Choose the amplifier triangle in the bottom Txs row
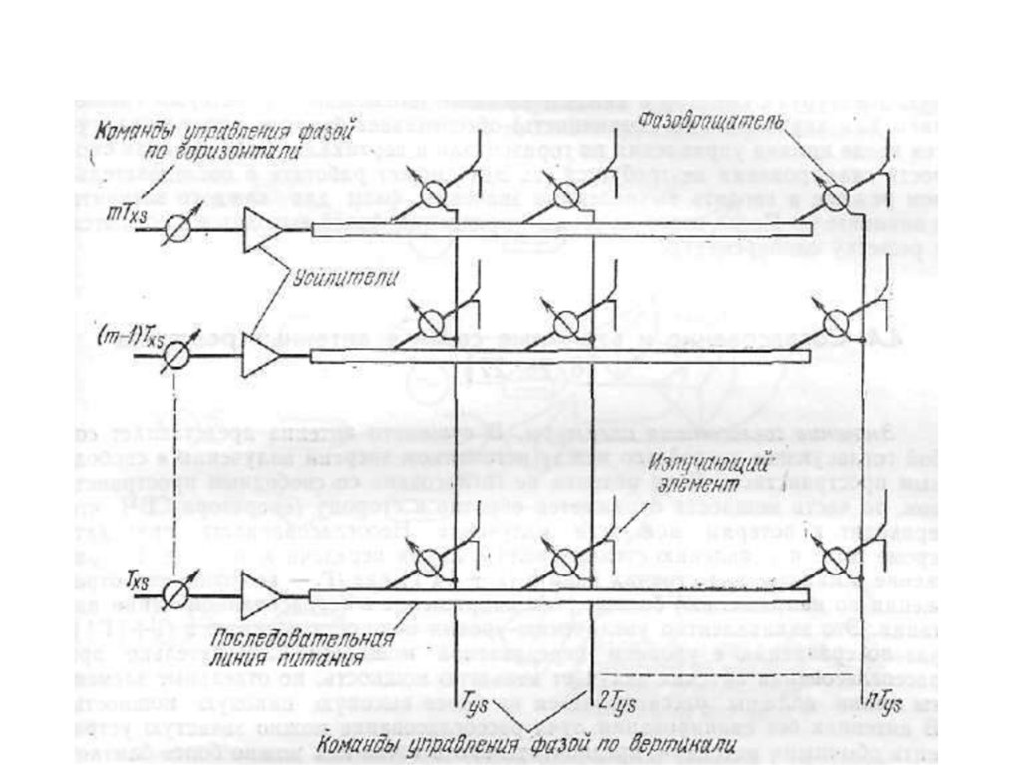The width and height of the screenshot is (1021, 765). [261, 597]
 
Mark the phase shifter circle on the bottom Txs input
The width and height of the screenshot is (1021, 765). [180, 596]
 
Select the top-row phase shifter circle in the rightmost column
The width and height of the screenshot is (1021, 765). [832, 193]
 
